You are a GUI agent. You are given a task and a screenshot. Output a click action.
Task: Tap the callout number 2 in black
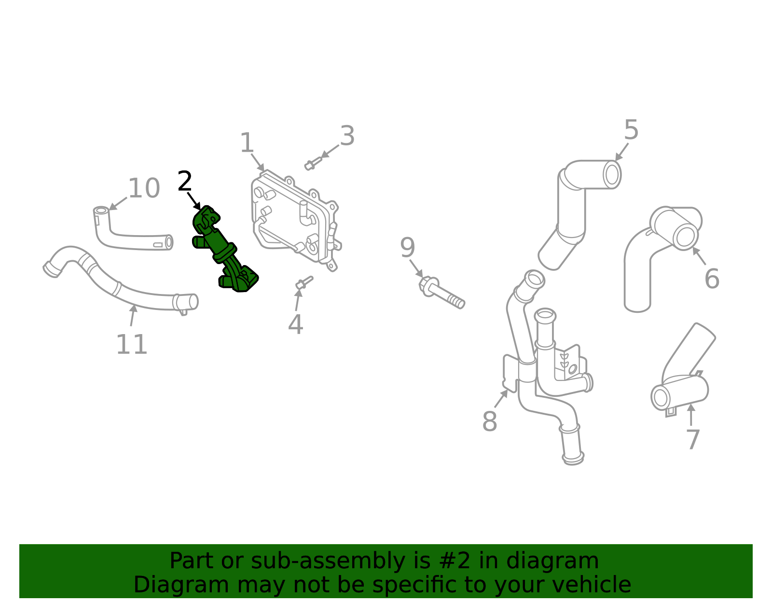pos(185,182)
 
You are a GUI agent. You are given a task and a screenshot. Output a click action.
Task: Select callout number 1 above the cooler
pos(247,143)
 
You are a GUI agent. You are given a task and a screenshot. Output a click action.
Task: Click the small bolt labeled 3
pos(313,163)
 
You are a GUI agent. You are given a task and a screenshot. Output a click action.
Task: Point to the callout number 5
pos(631,130)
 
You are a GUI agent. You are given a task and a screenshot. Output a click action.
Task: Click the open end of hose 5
pos(612,174)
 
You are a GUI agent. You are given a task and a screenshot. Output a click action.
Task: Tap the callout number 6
pos(712,279)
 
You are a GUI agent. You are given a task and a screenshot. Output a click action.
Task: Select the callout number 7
pos(693,439)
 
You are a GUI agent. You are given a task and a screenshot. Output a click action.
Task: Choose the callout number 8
pos(489,421)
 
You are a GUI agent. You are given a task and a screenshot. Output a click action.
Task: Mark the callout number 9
pos(407,248)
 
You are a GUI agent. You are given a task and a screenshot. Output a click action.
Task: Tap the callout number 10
pos(144,188)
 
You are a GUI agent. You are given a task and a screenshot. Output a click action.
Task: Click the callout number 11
pos(131,345)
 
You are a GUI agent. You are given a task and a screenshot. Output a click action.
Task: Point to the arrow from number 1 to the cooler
pos(258,163)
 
